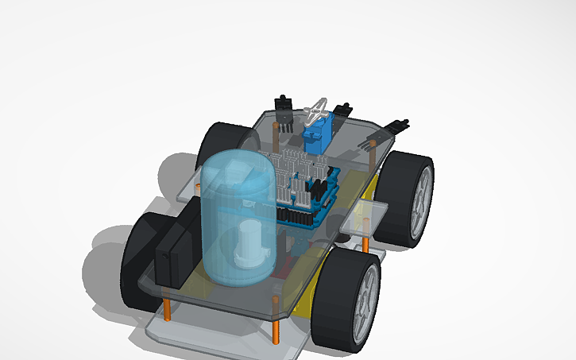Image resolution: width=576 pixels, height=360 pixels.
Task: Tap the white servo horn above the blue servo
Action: tap(319, 109)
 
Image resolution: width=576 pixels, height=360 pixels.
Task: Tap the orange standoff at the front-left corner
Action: tap(168, 306)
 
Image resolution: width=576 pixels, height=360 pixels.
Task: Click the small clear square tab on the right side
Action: tap(367, 214)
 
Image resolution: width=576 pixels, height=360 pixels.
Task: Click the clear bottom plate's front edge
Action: tap(222, 338)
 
